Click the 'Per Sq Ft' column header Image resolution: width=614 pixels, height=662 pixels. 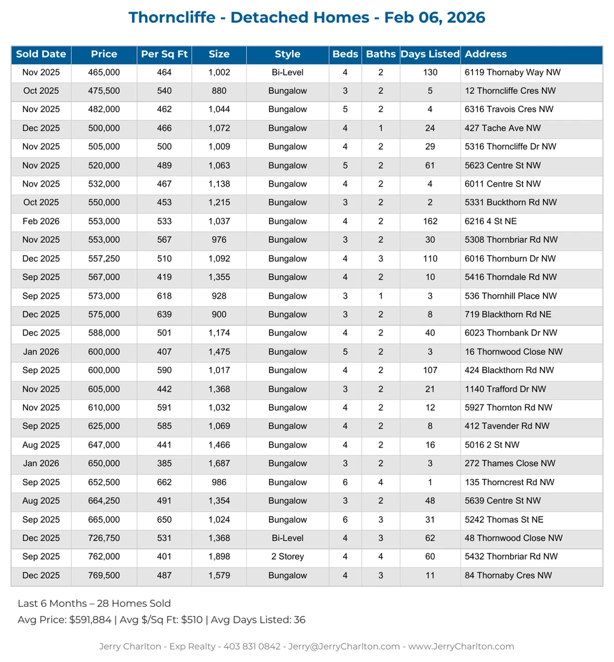164,55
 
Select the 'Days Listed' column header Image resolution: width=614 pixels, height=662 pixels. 430,55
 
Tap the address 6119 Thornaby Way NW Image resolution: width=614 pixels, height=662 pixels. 512,72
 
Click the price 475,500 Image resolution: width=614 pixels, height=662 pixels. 104,91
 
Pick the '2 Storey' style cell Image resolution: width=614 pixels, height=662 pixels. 287,557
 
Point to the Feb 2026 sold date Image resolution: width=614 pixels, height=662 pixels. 41,221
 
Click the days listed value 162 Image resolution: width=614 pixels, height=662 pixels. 430,221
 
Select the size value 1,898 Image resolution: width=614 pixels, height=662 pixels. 219,557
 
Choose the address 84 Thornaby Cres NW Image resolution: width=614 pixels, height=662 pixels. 508,576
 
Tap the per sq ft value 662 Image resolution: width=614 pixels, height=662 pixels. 164,482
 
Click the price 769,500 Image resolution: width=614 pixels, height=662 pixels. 104,576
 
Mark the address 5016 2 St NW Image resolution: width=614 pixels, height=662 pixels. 492,445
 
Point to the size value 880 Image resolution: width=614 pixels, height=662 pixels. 219,91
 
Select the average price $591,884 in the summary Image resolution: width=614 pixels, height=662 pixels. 90,620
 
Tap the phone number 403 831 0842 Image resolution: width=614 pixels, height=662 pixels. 252,647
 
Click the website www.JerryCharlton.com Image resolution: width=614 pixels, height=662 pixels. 461,647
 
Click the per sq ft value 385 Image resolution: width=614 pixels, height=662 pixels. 164,464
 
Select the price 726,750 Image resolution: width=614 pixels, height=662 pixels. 104,538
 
